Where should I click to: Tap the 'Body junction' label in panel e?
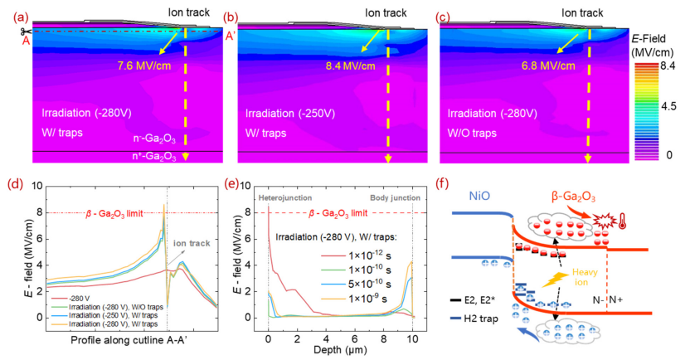pos(392,199)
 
